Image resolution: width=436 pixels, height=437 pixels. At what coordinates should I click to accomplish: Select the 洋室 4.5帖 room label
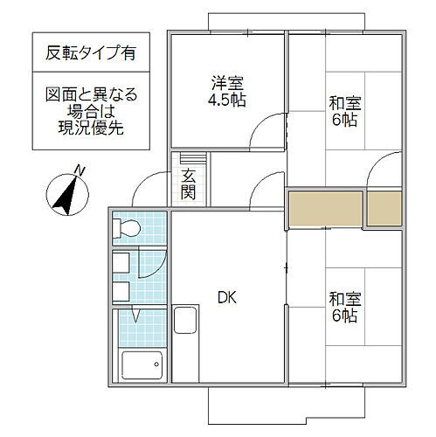(226, 91)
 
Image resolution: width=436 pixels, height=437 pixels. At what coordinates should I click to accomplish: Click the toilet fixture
(127, 230)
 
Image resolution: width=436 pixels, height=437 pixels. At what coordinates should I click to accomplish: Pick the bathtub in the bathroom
(139, 364)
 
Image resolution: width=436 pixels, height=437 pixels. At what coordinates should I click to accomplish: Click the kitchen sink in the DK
(186, 321)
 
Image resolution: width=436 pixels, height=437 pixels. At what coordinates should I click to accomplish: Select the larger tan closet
(324, 207)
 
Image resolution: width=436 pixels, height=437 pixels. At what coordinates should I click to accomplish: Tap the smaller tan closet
(384, 207)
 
